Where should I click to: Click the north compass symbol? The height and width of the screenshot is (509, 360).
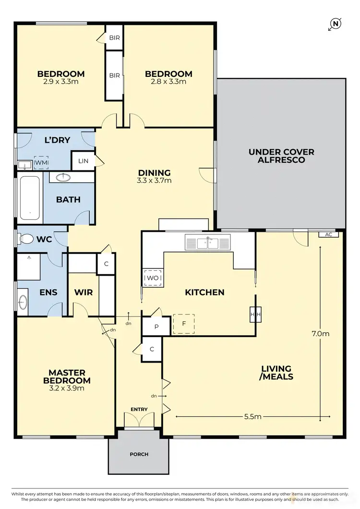click(335, 23)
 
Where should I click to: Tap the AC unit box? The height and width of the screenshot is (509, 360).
click(329, 234)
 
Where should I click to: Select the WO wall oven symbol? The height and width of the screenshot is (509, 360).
click(153, 278)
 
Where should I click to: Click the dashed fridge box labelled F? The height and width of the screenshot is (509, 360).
click(183, 324)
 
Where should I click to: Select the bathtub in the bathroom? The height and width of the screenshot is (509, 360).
click(30, 198)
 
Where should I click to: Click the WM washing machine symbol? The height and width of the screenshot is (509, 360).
click(41, 163)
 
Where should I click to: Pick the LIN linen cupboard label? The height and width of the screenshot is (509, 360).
click(83, 161)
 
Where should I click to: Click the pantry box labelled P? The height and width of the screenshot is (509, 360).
click(156, 326)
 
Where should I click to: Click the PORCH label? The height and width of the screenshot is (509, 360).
click(139, 454)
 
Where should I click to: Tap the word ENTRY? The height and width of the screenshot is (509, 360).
click(139, 409)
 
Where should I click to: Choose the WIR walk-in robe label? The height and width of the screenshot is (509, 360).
click(84, 292)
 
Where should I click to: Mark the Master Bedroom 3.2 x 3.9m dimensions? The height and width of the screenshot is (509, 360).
click(67, 388)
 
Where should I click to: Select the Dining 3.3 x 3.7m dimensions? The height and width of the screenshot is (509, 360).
click(155, 181)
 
